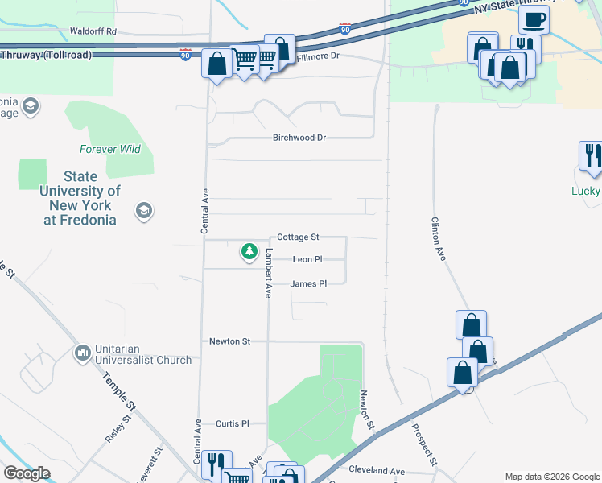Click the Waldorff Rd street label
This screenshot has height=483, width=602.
point(93,31)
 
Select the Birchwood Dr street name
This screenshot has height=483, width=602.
point(299,138)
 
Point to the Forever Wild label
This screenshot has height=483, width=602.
point(110,149)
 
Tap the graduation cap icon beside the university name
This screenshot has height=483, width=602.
point(144,212)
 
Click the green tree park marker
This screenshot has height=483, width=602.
point(249,253)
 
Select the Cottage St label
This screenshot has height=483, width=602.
point(298,237)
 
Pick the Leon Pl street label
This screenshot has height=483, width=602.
point(307,259)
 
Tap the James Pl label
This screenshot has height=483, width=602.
point(308,283)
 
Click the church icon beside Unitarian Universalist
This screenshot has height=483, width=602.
point(83,353)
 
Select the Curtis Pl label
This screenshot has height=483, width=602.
point(233,423)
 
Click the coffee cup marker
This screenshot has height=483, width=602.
point(534,19)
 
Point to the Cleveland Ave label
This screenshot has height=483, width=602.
point(377,470)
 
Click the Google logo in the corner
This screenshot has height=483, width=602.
point(27,473)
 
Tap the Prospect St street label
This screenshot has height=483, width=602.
point(425,445)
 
